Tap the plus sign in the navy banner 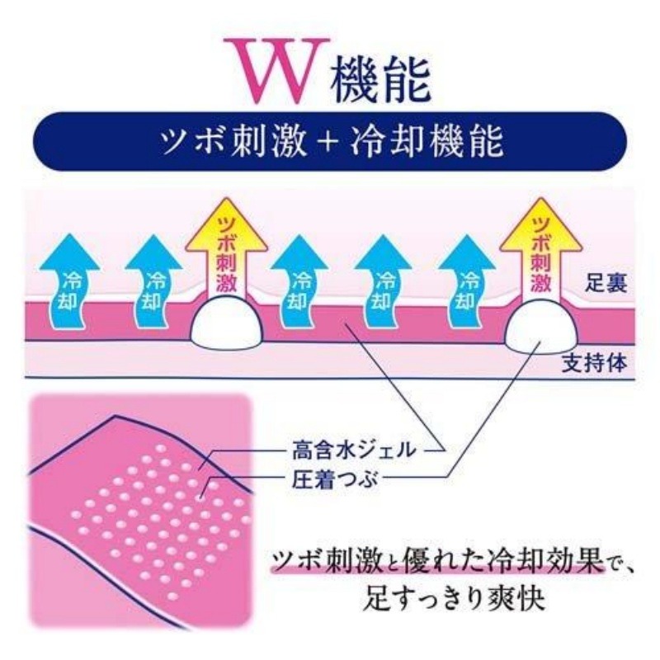click(x=328, y=143)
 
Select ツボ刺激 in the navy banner click(x=233, y=142)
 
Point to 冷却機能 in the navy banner click(x=427, y=142)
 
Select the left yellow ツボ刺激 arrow click(x=227, y=248)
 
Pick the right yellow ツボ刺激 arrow click(x=541, y=248)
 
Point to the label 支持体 click(x=595, y=362)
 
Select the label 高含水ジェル click(x=354, y=450)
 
